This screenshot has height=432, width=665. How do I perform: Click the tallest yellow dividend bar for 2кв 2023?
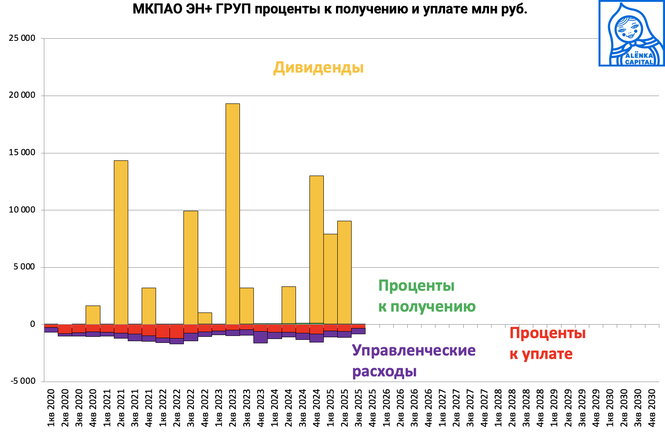[x=233, y=213]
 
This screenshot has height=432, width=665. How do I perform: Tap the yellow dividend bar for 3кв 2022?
[x=191, y=267]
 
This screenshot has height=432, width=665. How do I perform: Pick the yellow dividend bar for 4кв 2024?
[x=316, y=249]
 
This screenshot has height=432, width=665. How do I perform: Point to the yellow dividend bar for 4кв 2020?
[x=93, y=315]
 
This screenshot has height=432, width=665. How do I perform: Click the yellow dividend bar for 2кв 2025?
[x=344, y=272]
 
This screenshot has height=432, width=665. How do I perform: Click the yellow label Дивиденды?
[x=318, y=68]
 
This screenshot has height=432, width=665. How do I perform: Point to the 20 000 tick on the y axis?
[x=22, y=96]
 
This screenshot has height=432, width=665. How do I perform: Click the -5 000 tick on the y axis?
[x=22, y=381]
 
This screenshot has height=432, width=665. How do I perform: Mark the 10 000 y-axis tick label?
[x=22, y=210]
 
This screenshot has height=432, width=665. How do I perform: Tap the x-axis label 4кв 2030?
[x=652, y=409]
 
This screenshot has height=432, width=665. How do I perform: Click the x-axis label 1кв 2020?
[x=51, y=409]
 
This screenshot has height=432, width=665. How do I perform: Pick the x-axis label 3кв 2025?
[x=359, y=409]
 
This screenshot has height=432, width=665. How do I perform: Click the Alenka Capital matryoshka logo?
[x=632, y=33]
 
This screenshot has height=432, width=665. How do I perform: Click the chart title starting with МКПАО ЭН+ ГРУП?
[x=329, y=10]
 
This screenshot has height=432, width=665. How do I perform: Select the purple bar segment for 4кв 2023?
[x=260, y=337]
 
